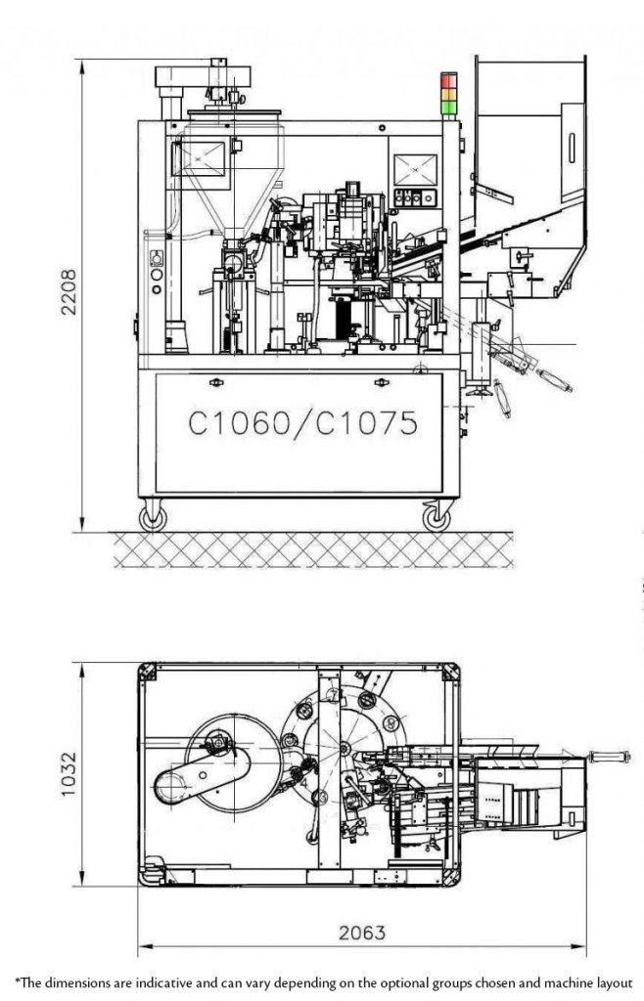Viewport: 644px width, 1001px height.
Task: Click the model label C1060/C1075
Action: click(302, 422)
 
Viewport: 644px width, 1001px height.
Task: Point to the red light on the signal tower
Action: click(449, 78)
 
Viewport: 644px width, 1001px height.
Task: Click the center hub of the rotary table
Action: click(345, 748)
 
